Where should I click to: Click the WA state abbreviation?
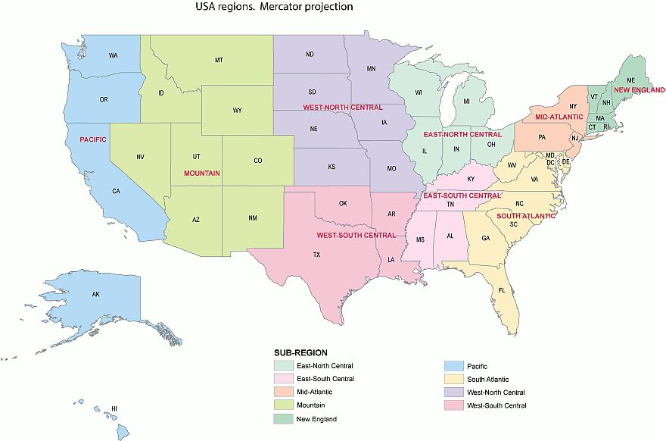113,56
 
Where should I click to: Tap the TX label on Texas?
316,255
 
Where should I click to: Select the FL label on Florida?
501,290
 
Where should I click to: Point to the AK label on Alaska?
96,294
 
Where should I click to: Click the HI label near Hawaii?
114,408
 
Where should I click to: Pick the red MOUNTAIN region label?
202,173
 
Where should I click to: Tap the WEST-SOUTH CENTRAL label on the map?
356,235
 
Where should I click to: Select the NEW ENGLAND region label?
638,90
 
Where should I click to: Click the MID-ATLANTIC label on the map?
559,117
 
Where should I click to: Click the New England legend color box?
282,418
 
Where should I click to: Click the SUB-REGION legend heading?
300,352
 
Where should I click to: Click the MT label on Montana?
219,60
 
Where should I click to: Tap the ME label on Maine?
630,80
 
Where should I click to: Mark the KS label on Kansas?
331,166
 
